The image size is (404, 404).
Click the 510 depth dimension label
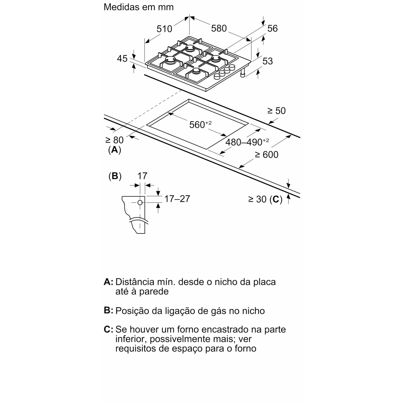click(164, 29)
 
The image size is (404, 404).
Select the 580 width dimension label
click(219, 28)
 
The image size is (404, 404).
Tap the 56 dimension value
click(272, 29)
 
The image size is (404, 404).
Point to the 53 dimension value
click(268, 61)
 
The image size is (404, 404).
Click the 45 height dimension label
click(122, 58)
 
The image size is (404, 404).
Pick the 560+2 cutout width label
click(200, 124)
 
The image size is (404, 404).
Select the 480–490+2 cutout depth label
click(247, 142)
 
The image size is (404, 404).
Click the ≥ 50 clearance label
click(277, 111)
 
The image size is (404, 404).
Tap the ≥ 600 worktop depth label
click(266, 155)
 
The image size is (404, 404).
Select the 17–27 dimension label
click(177, 199)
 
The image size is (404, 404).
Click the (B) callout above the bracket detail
click(115, 176)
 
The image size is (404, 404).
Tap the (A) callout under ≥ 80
click(115, 150)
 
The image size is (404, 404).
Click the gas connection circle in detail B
click(140, 202)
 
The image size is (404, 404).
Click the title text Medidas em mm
click(139, 7)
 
